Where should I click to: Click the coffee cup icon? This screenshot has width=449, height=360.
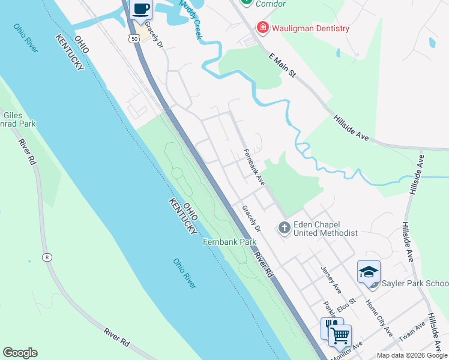click(x=141, y=10)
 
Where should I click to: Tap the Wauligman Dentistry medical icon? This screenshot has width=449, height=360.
click(x=262, y=28)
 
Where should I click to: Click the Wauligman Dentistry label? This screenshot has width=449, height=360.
click(x=310, y=28)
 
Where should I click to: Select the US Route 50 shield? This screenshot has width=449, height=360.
click(x=133, y=38)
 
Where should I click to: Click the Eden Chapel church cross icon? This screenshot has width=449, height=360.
click(x=284, y=228)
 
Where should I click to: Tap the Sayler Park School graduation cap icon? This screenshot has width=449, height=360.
click(x=369, y=272)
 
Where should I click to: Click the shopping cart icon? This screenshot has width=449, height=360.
click(x=340, y=335)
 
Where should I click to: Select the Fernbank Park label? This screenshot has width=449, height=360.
click(x=229, y=242)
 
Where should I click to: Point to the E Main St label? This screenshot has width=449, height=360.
click(x=283, y=65)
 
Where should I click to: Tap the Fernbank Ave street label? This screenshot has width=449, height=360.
click(x=254, y=167)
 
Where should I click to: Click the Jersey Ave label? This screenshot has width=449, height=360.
click(x=331, y=280)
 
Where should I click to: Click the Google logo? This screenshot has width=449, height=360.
click(x=20, y=353)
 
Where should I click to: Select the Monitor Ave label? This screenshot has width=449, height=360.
click(x=348, y=350)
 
